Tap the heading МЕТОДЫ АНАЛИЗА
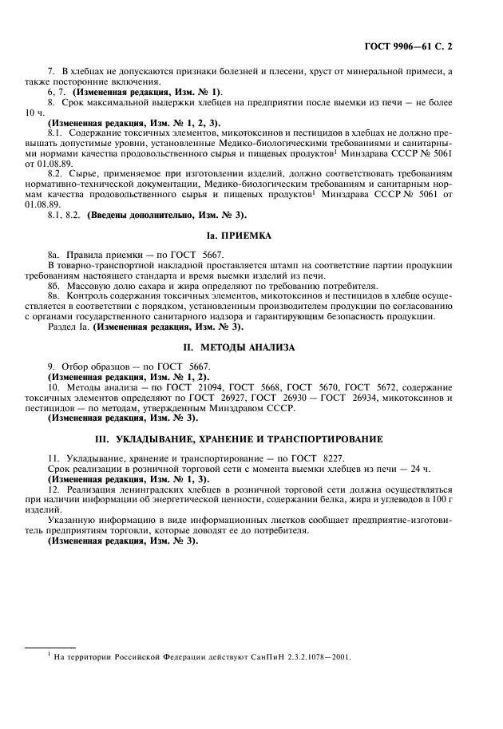tap(252, 347)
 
